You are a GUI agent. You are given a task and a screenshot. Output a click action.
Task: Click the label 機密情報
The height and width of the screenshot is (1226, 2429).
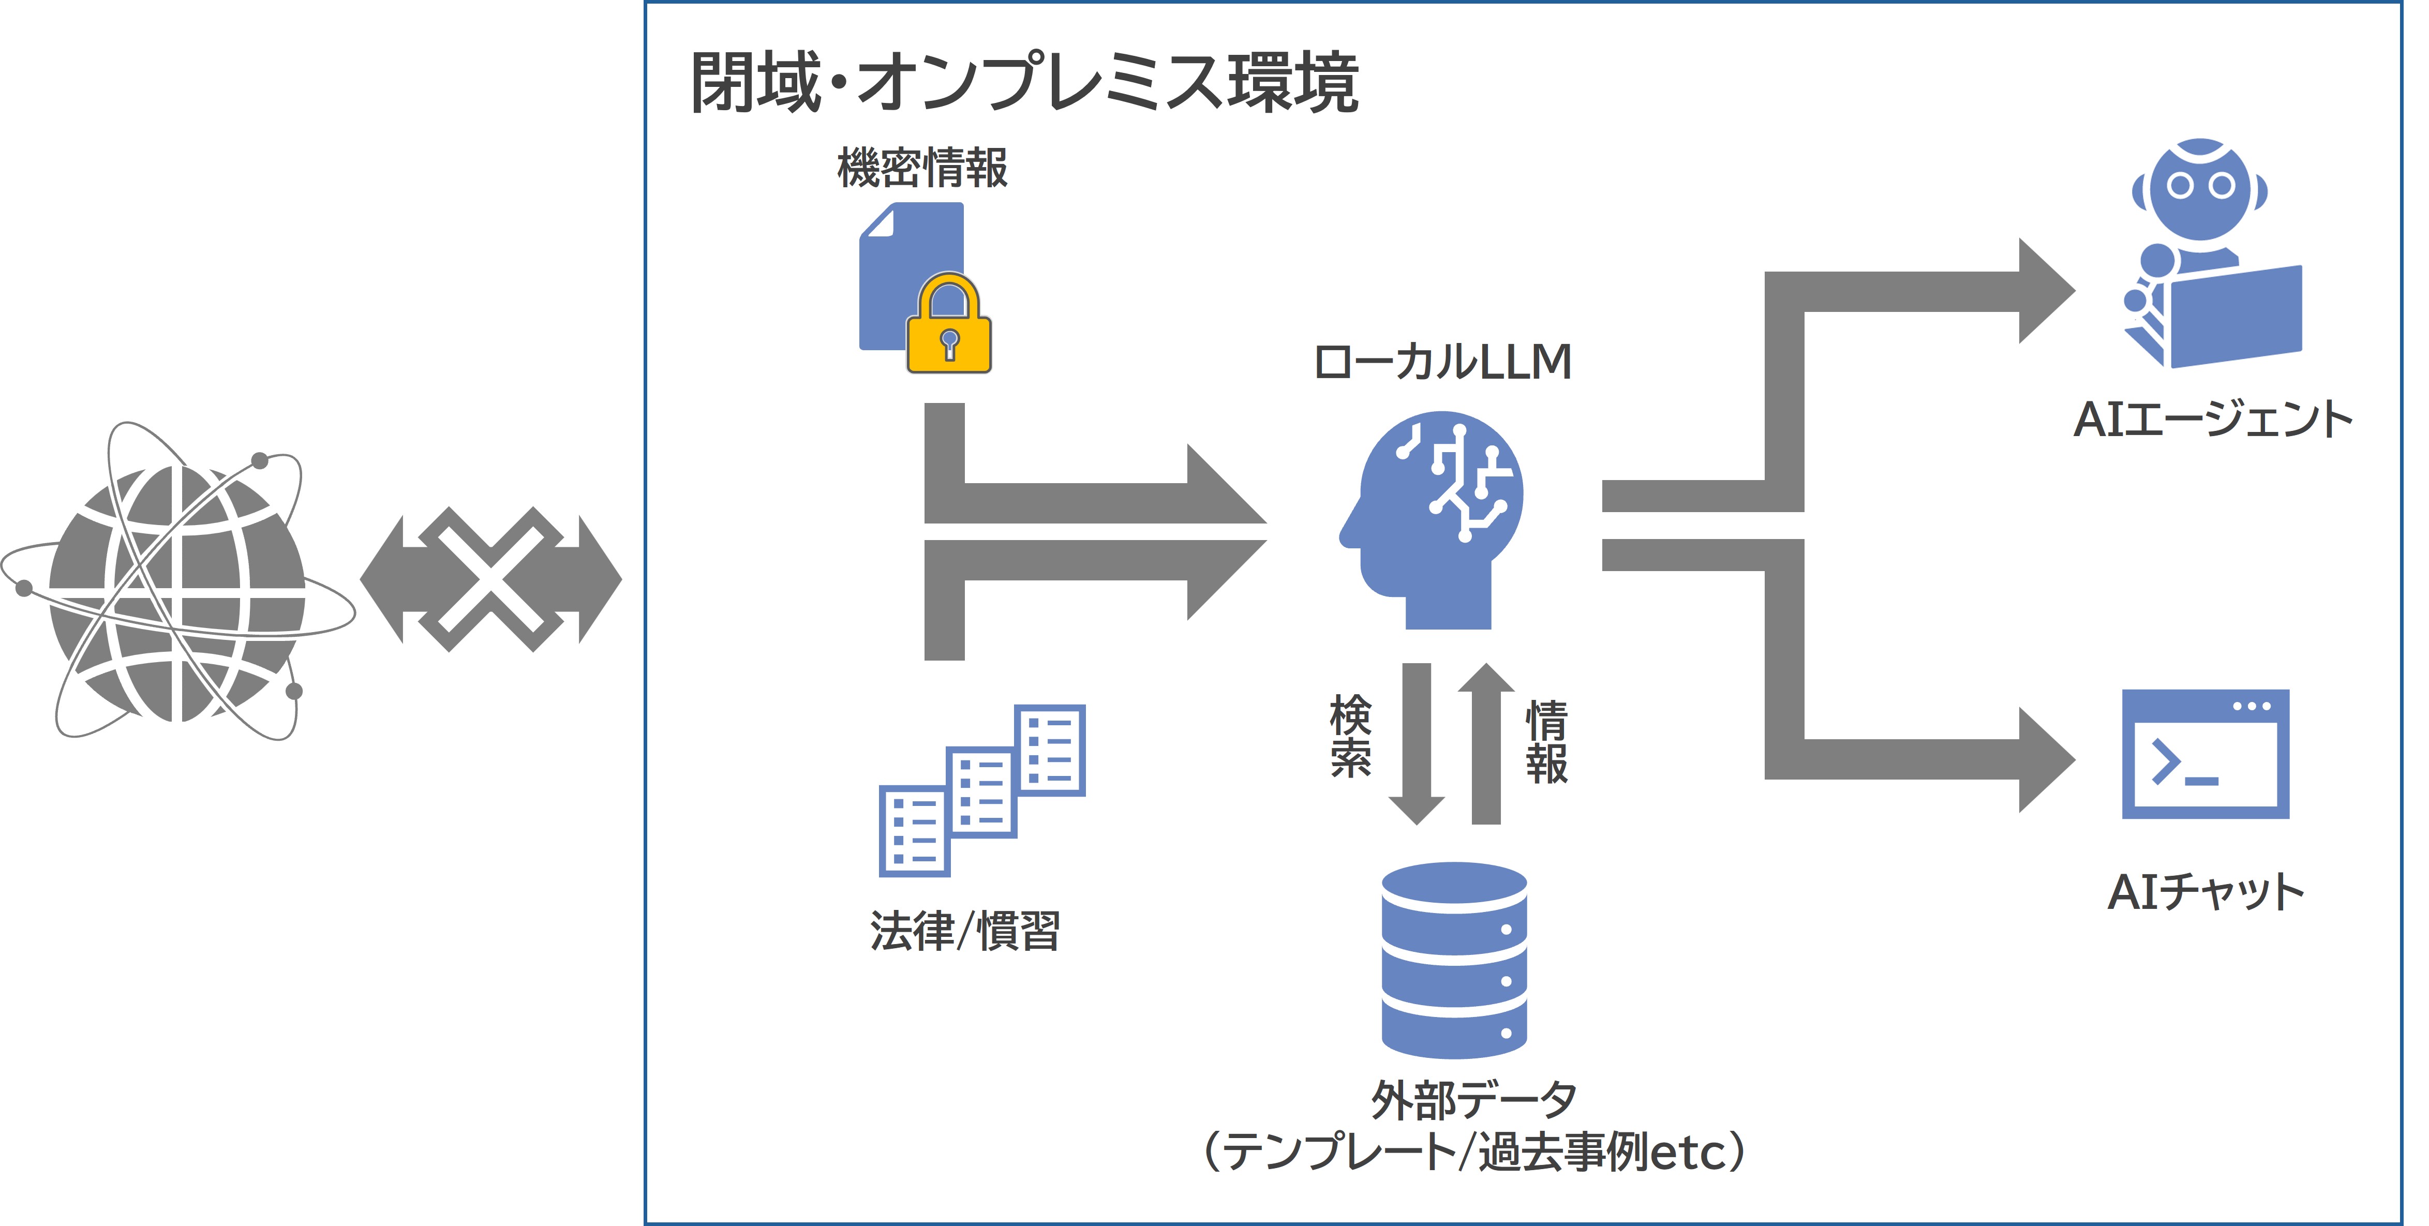(x=922, y=168)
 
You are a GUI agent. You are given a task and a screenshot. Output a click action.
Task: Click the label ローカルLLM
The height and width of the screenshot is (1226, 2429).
(x=1443, y=362)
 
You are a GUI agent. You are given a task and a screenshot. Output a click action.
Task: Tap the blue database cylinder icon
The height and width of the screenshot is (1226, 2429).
(x=1454, y=960)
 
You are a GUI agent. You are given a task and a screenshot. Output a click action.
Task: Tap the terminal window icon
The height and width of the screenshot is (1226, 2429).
(x=2204, y=754)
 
